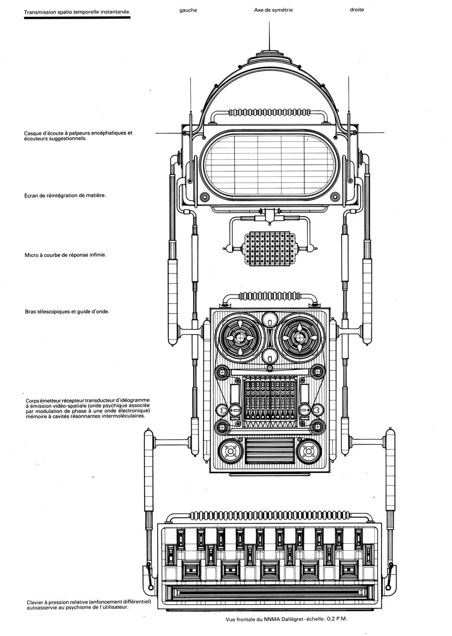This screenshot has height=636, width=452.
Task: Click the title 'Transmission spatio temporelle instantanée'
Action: coord(77,14)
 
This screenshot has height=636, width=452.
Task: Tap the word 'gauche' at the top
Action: coord(188,10)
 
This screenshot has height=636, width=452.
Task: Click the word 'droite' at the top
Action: coord(356,9)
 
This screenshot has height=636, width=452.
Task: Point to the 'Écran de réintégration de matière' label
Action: coord(65,195)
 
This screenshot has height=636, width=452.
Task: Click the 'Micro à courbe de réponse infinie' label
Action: coord(65,255)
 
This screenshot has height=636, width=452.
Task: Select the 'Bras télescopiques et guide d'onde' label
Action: coord(67,311)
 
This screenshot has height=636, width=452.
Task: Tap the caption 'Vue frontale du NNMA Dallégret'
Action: coord(286,620)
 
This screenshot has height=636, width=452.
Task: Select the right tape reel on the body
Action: coord(299,338)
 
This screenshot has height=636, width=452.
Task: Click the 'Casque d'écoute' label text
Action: coord(78,136)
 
